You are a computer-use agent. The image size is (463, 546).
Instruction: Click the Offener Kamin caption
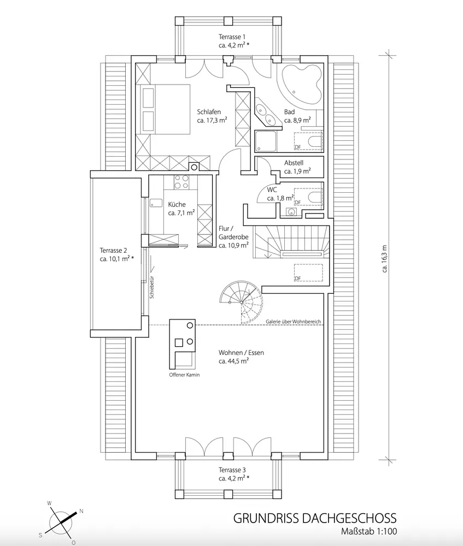(184, 376)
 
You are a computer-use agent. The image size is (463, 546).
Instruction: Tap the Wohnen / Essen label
(241, 353)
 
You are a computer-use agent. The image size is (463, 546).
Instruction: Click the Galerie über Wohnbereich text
(293, 322)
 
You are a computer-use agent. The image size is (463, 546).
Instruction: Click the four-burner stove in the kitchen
(181, 182)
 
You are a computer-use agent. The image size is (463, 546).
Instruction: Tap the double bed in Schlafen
(164, 109)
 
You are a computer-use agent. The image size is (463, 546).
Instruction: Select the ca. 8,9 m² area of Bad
(298, 119)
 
